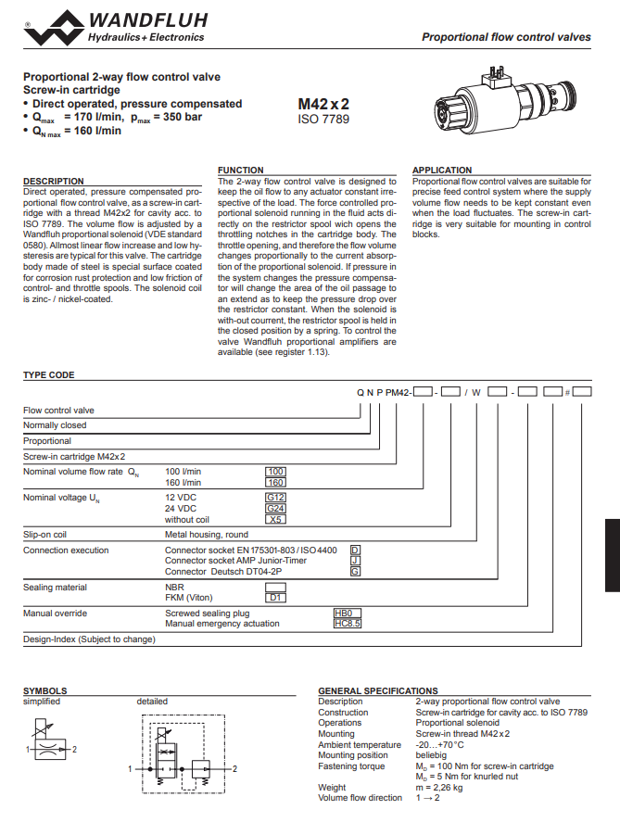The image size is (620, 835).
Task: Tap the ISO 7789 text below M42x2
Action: coord(323,120)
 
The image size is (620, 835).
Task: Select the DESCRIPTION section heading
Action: coord(54,182)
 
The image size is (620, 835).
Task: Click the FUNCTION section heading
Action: coord(240,171)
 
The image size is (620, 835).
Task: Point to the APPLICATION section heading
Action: coord(442,171)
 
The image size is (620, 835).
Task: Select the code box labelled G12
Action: coord(276,498)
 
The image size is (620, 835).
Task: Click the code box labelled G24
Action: coord(276,509)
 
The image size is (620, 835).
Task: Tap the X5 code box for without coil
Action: coord(276,520)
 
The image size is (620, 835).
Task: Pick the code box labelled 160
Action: coord(276,483)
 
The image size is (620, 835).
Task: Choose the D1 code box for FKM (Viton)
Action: coord(276,598)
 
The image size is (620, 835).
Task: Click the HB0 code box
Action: coord(347,614)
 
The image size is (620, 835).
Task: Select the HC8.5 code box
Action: coord(347,624)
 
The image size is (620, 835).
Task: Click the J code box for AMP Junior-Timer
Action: coord(354,561)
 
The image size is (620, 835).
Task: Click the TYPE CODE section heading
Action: coord(48,375)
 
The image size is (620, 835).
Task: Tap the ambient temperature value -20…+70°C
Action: coord(440,744)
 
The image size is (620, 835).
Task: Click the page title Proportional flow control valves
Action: coord(506,37)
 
